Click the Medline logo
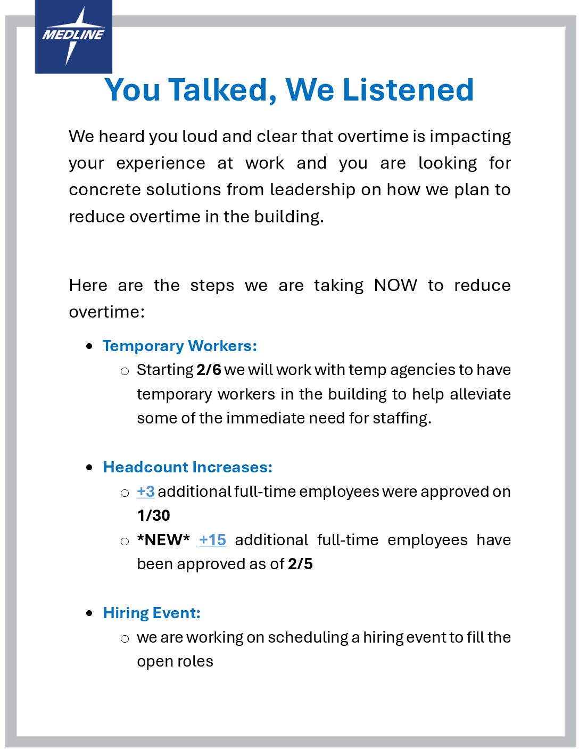click(x=73, y=36)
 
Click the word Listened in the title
click(x=408, y=90)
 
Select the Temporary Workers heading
click(x=180, y=346)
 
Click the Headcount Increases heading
click(x=187, y=467)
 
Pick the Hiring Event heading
click(x=152, y=613)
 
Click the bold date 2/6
click(x=209, y=370)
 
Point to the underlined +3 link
click(x=146, y=492)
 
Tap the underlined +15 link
click(x=212, y=540)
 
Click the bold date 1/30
click(x=153, y=515)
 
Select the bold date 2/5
click(x=300, y=564)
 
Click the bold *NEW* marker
click(x=163, y=540)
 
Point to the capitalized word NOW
click(x=395, y=285)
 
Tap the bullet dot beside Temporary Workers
click(x=89, y=346)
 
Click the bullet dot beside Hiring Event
click(x=89, y=613)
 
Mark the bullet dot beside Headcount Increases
click(x=89, y=468)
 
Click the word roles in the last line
click(x=197, y=661)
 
